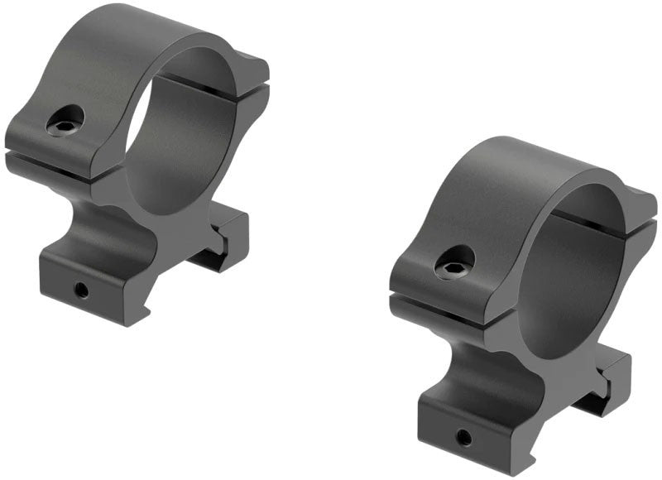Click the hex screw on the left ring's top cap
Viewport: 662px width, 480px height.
pyautogui.click(x=63, y=124)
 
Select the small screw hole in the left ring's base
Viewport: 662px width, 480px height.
pyautogui.click(x=81, y=289)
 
